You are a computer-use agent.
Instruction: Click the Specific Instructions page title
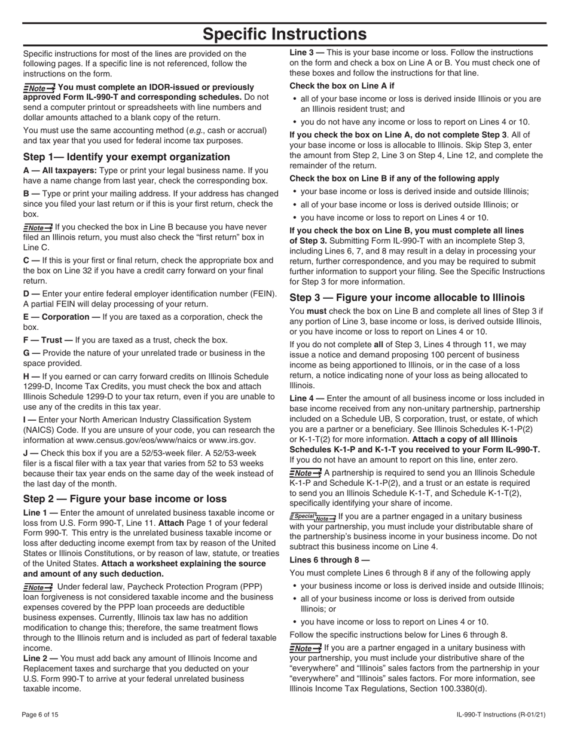coord(284,34)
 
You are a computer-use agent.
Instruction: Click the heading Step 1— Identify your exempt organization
coord(126,157)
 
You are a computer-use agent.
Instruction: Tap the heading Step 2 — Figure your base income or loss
coord(125,499)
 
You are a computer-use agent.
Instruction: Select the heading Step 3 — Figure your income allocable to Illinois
coord(407,298)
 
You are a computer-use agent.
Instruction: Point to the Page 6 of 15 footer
coord(41,715)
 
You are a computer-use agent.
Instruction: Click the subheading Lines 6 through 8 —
coord(329,560)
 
